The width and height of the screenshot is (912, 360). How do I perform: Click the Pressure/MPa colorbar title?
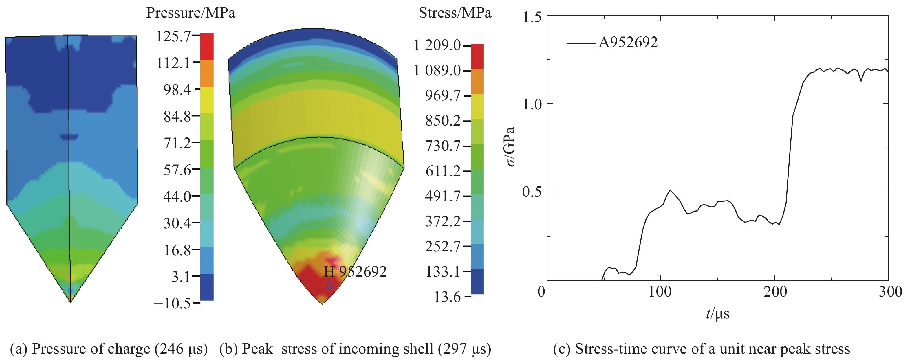pyautogui.click(x=191, y=13)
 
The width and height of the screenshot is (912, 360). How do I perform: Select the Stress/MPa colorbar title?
pyautogui.click(x=455, y=13)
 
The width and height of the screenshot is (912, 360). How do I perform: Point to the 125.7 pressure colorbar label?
pyautogui.click(x=173, y=36)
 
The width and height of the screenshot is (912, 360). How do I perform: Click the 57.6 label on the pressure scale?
pyautogui.click(x=177, y=170)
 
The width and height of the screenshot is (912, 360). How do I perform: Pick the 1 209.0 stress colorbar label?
pyautogui.click(x=437, y=45)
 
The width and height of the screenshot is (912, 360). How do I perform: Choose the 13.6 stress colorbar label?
pyautogui.click(x=448, y=297)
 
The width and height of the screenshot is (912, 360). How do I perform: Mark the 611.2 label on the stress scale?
pyautogui.click(x=443, y=171)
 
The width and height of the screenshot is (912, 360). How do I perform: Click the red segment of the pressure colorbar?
pyautogui.click(x=207, y=46)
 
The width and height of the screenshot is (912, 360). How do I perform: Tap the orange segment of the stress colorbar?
pyautogui.click(x=477, y=81)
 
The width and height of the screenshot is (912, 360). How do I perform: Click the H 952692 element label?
pyautogui.click(x=355, y=272)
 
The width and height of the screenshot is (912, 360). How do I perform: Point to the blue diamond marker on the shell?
pyautogui.click(x=329, y=285)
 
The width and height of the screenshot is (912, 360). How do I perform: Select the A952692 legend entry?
pyautogui.click(x=628, y=43)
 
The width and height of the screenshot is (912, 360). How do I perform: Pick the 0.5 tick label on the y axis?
pyautogui.click(x=532, y=192)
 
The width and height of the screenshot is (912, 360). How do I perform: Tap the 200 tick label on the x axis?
pyautogui.click(x=775, y=292)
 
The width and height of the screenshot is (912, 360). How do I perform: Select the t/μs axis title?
pyautogui.click(x=718, y=314)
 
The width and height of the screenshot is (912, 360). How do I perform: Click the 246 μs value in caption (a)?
pyautogui.click(x=181, y=349)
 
